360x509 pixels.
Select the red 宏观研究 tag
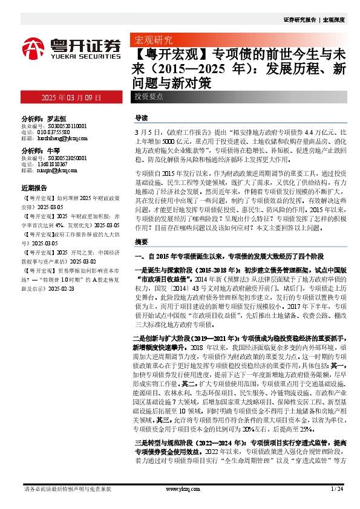[151, 41]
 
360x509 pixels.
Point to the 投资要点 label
[149, 97]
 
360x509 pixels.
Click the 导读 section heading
[141, 118]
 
